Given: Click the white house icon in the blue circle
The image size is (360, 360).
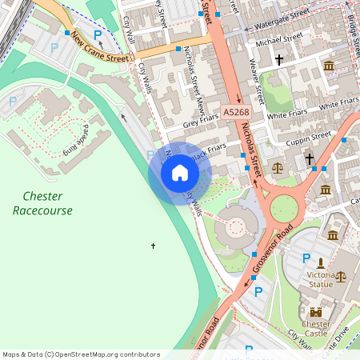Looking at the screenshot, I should coord(180,172).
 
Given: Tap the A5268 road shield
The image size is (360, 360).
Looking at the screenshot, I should coord(234,114).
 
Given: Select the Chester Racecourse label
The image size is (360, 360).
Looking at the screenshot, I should coord(42,203).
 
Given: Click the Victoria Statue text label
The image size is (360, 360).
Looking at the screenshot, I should coord(320,279).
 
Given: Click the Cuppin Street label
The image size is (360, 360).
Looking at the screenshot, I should coord(309,137).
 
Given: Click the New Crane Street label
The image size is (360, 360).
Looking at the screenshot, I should coord(99,47).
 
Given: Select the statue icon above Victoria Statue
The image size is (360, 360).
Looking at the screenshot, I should coord(320,262).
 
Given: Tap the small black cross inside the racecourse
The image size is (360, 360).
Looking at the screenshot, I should coord(153,246).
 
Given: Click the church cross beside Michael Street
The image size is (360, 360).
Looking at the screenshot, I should coord(279,60).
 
